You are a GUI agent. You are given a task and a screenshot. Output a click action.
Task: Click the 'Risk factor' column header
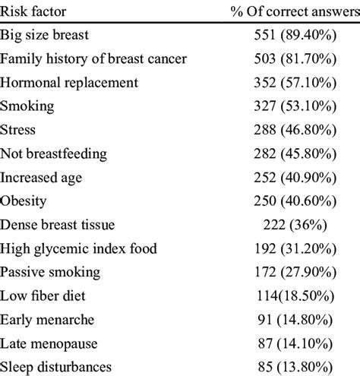pos(34,11)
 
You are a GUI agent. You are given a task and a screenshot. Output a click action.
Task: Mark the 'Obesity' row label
pos(24,201)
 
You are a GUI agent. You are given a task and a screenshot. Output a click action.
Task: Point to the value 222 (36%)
pos(294,225)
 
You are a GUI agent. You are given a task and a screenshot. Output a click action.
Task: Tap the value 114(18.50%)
pos(294,295)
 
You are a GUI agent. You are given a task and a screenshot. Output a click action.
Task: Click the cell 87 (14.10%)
pos(294,343)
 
